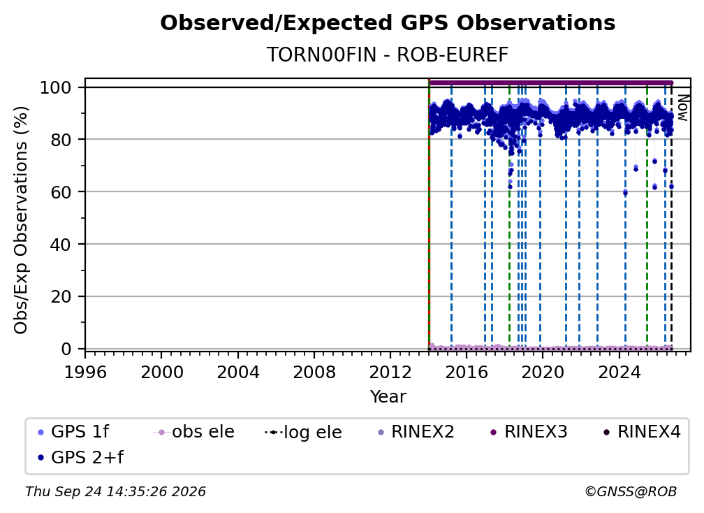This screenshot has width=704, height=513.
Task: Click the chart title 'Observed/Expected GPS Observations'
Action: point(388,23)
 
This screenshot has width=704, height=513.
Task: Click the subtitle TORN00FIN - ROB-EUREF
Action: point(388,55)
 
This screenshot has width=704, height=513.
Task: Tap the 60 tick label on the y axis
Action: point(61,192)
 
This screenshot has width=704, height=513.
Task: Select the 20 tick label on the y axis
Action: point(61,297)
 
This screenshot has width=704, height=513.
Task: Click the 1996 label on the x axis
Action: point(85,373)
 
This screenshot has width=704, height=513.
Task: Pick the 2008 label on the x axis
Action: point(314,373)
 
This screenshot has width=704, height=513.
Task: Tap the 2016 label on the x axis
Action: point(467,373)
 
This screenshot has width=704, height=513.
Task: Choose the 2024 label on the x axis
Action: point(619,373)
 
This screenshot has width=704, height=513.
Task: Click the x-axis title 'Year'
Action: point(388,397)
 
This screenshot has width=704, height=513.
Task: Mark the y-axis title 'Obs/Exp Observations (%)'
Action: point(21,220)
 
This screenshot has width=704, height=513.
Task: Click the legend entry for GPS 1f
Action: point(73,432)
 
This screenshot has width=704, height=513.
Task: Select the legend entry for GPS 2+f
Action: point(80,457)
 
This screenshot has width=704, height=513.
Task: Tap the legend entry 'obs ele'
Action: point(193,432)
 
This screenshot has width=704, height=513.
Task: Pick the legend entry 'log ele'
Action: point(303,432)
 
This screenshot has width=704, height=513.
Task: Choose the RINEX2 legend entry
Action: point(416,432)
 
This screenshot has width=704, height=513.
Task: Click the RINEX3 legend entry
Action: point(529,432)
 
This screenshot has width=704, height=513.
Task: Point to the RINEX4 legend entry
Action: point(642,432)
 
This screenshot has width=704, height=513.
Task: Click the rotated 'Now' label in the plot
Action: point(682,108)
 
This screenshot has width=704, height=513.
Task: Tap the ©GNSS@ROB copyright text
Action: point(631,491)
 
